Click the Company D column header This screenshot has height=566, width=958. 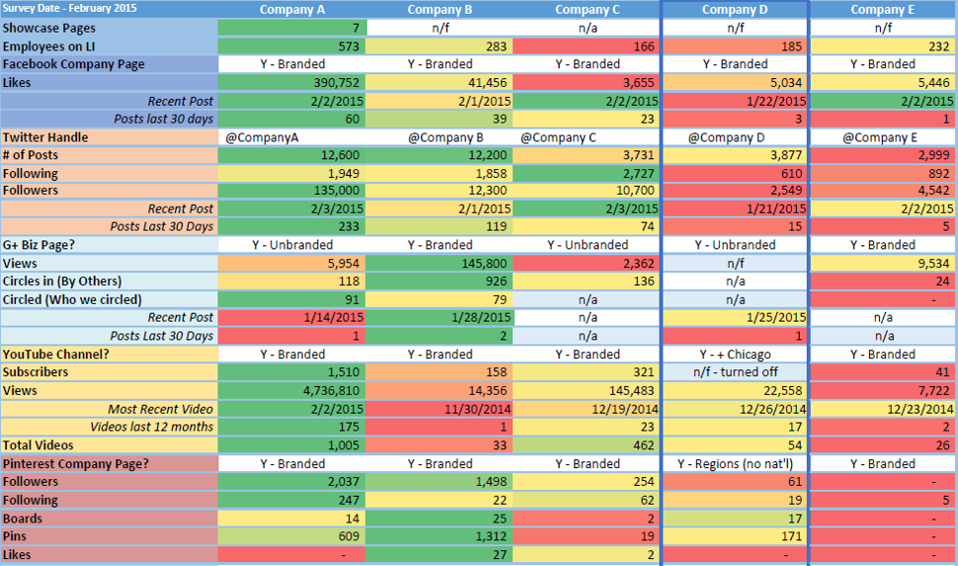[x=735, y=10]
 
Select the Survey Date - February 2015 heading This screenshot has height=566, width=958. [x=70, y=9]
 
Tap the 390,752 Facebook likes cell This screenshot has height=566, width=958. [x=292, y=83]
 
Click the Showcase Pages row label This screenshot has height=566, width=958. [x=48, y=28]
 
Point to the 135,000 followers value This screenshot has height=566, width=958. [x=292, y=191]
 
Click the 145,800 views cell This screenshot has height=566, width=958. [x=439, y=264]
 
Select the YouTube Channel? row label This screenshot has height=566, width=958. [x=55, y=355]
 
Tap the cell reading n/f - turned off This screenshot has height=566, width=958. [x=735, y=372]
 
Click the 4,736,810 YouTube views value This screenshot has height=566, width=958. [x=292, y=390]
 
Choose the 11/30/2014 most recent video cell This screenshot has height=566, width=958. [x=439, y=409]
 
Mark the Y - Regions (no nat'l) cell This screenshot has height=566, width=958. [x=735, y=464]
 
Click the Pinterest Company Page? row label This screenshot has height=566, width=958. [x=76, y=464]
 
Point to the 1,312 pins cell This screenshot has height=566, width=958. [x=439, y=536]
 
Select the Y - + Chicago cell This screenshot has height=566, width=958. [x=735, y=355]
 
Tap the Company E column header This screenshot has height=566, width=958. [x=883, y=10]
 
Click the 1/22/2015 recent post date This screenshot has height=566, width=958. [x=735, y=101]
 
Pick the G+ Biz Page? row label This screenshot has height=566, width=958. [x=39, y=245]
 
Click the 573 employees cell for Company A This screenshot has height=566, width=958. [x=292, y=46]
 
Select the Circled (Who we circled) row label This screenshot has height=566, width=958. [x=72, y=300]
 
